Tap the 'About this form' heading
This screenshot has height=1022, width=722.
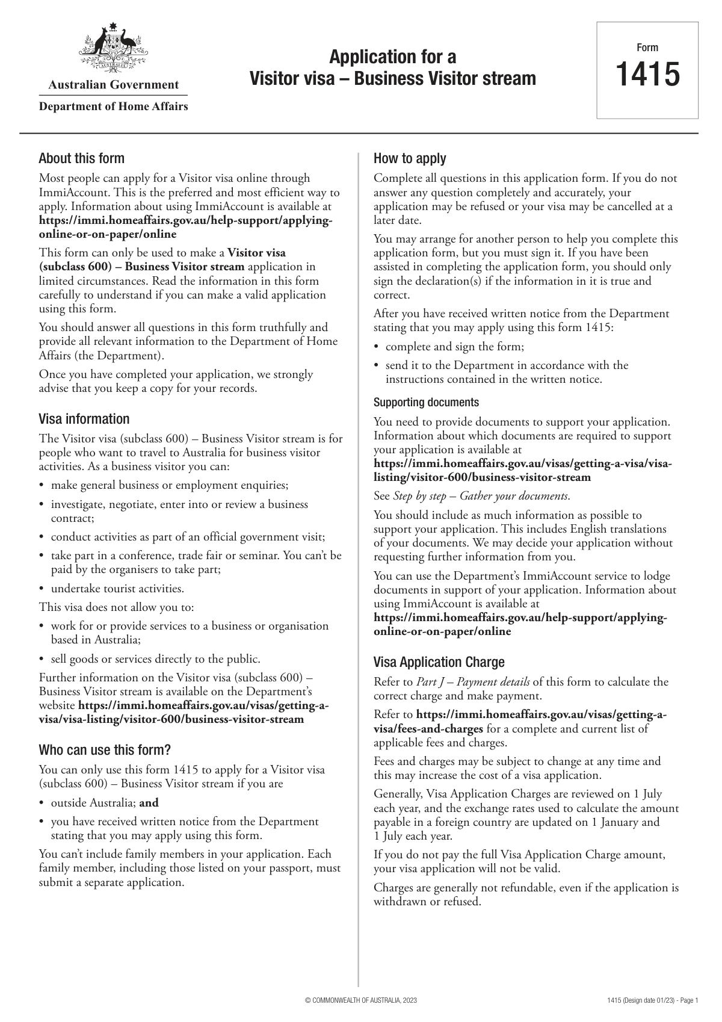tap(81, 158)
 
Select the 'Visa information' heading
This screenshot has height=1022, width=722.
tap(84, 419)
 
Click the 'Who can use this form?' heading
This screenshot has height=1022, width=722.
tap(105, 750)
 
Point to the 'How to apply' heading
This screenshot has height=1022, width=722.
tap(410, 158)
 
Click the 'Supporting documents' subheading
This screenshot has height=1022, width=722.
tap(426, 402)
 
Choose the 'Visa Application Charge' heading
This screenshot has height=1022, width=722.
tap(439, 662)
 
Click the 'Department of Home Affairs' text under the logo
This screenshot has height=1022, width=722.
tap(113, 107)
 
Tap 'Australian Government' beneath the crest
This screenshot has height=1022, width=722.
tap(113, 85)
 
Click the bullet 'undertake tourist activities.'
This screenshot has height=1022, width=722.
tap(117, 588)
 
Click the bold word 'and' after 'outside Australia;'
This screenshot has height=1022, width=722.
tap(149, 802)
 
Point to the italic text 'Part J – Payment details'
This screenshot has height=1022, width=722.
tap(473, 681)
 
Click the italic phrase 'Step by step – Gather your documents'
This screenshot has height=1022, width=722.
tap(480, 496)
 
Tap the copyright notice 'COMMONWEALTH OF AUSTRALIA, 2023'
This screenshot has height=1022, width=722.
tap(361, 1000)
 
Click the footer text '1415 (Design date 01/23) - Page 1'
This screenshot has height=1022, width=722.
tap(652, 1000)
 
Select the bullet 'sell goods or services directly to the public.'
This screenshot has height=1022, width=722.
tap(155, 658)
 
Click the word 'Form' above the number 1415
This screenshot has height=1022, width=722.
tap(647, 48)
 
